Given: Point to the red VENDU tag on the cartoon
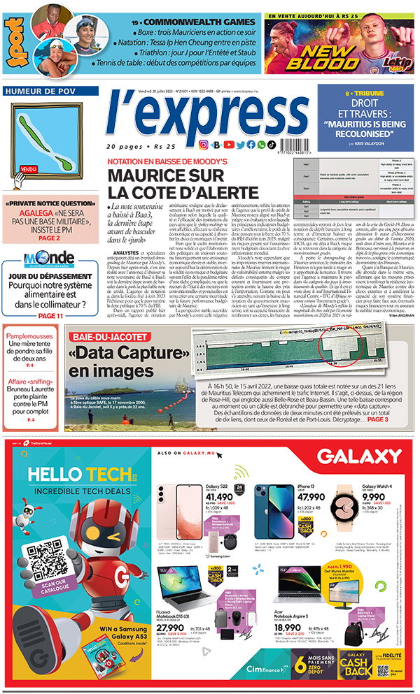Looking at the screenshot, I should pos(29,170).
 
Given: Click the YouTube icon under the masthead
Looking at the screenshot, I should pos(229,145).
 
